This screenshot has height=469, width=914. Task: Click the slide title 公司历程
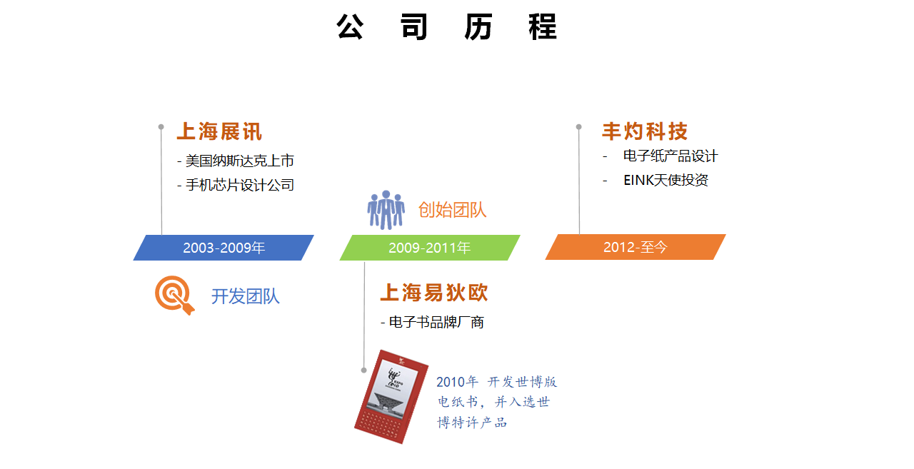tap(447, 27)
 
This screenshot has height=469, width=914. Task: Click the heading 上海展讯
tap(219, 132)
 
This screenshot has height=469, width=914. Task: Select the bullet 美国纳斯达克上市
tap(236, 161)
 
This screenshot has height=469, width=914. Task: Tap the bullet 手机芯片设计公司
tap(236, 185)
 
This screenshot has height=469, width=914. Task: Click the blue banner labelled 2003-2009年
tap(224, 248)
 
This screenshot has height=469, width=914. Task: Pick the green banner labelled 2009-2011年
tap(430, 248)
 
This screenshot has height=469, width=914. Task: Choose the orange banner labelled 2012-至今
tap(636, 247)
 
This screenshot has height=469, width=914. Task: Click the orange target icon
tap(174, 295)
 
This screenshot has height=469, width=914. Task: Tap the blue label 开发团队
tap(245, 296)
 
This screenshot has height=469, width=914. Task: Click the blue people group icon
tap(386, 210)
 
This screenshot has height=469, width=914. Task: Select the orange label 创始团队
tap(452, 210)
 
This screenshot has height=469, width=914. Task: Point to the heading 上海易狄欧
tap(434, 293)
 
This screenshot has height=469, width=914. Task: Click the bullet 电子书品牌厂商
tap(433, 322)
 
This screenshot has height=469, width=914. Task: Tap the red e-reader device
tap(391, 396)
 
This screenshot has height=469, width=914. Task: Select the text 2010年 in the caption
tap(457, 382)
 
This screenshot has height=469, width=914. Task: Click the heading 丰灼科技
tap(645, 131)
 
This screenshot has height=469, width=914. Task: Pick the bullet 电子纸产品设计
tap(671, 156)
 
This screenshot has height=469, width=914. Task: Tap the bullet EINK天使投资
tap(666, 180)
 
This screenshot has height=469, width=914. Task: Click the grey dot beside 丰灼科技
tap(578, 127)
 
